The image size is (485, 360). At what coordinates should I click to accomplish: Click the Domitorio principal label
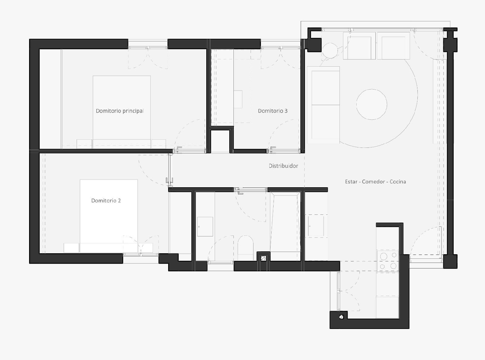(x=120, y=111)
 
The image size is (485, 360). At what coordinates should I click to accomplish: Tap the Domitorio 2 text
(x=106, y=201)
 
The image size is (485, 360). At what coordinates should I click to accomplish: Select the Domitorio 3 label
(x=273, y=111)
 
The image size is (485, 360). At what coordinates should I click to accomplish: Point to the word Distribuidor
(x=283, y=166)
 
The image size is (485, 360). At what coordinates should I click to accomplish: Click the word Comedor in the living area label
(x=374, y=182)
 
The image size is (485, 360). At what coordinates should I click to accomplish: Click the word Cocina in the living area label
(x=398, y=182)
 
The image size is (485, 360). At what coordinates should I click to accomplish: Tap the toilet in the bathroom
(x=245, y=245)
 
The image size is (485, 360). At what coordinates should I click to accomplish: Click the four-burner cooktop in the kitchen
(x=388, y=261)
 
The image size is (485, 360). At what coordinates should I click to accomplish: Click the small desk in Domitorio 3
(x=238, y=99)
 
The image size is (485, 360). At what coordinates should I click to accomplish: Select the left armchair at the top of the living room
(x=359, y=48)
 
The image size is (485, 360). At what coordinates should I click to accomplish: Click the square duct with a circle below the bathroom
(x=264, y=258)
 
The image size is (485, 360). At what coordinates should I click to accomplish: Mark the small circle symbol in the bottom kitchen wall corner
(x=341, y=317)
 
